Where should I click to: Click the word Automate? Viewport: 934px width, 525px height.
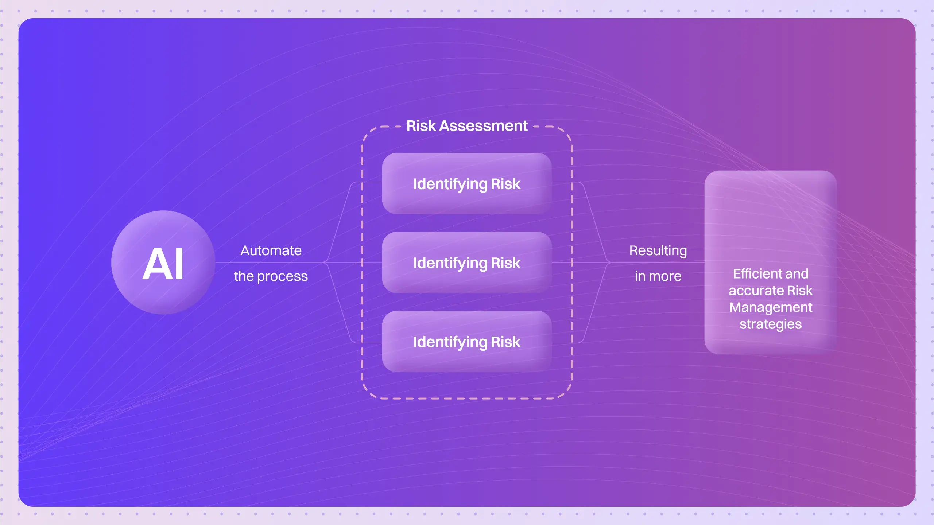271,251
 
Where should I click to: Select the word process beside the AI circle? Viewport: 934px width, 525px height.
282,277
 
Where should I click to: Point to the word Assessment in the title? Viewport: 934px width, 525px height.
483,126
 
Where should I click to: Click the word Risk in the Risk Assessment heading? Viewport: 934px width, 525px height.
421,126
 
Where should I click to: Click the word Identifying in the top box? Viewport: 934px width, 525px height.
450,184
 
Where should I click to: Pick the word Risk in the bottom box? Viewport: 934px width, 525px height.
505,342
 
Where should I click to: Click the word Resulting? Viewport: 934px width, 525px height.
658,251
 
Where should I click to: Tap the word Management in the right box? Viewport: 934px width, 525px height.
771,307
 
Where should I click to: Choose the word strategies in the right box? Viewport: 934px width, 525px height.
771,324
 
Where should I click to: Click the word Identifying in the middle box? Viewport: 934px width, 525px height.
450,263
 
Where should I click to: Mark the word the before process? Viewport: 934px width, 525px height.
244,276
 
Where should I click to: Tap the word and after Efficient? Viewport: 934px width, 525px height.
797,274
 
